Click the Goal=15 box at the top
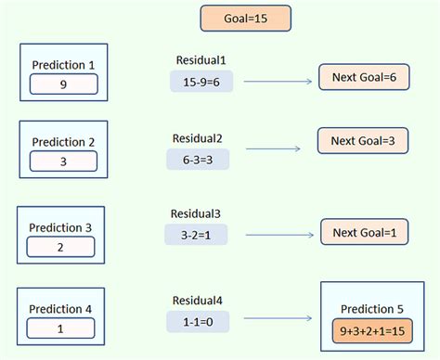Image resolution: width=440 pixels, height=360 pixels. tap(245, 18)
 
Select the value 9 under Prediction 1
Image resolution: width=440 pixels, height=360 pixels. tap(63, 84)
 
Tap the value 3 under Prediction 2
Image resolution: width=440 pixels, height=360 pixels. tap(63, 161)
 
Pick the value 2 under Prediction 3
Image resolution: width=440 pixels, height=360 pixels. tap(61, 247)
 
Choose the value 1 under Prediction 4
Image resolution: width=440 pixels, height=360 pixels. tap(61, 328)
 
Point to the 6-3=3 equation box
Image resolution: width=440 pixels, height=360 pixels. tap(197, 159)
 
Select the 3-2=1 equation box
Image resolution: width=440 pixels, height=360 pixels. tap(197, 236)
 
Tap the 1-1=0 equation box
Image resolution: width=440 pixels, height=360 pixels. tap(197, 320)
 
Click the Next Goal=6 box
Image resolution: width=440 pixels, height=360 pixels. tap(363, 78)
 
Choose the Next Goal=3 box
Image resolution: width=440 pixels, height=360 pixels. tap(363, 140)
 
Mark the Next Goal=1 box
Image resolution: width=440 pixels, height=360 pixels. tap(364, 231)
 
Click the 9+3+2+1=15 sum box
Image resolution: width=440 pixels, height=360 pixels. tap(372, 329)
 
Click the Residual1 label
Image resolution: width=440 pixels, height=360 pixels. tap(201, 60)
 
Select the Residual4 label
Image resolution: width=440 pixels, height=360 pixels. tap(197, 301)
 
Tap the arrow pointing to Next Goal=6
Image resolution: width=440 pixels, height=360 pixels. tap(278, 82)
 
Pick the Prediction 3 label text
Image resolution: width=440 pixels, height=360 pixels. tap(61, 227)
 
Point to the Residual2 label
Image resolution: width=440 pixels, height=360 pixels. tap(197, 138)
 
